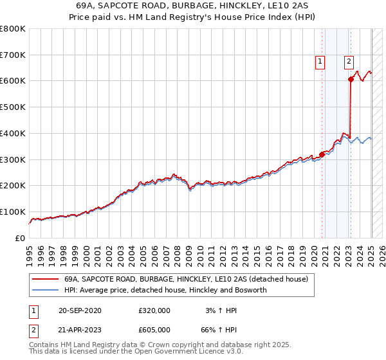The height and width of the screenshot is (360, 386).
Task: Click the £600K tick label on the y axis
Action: [x=13, y=81]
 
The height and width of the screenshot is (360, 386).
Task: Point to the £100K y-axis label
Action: [x=13, y=212]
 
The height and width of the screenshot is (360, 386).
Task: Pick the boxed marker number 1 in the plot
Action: [x=320, y=62]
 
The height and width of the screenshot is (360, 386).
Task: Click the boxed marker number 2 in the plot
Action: [x=348, y=62]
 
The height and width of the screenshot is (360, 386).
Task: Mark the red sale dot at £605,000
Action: [x=351, y=79]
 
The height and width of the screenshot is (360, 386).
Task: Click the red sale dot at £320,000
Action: [x=322, y=154]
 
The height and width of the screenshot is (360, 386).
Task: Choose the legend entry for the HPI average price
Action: [x=165, y=290]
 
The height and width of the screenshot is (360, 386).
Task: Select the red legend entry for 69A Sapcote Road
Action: [x=186, y=279]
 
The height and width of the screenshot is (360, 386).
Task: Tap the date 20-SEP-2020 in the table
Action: [x=80, y=310]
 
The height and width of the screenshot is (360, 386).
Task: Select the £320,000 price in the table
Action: [x=154, y=310]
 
